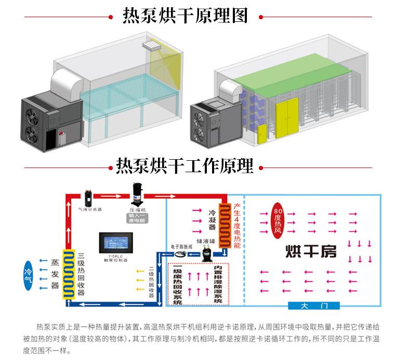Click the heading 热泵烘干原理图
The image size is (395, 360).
(185, 16)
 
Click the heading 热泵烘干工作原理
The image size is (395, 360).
(185, 166)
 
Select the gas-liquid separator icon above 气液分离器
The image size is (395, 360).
(89, 198)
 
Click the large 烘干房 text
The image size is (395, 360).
(311, 252)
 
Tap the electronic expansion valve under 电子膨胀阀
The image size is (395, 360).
(182, 253)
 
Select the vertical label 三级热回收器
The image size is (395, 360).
(81, 274)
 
